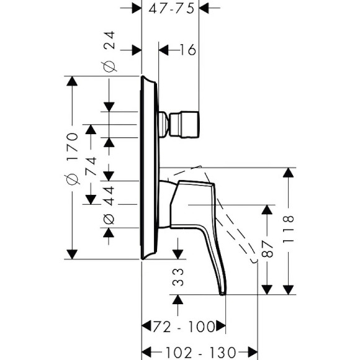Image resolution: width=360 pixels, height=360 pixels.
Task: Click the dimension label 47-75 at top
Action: (171, 8)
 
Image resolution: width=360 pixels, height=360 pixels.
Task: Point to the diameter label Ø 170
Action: (72, 158)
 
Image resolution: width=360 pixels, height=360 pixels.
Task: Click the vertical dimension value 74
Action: (91, 168)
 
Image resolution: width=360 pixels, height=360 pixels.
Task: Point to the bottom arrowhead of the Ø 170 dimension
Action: (73, 253)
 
